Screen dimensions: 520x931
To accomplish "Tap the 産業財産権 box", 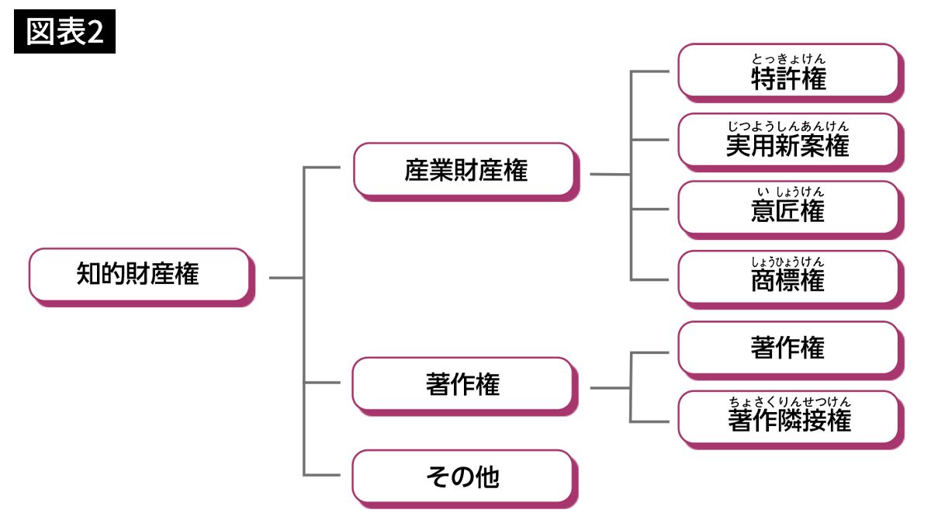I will (x=465, y=170).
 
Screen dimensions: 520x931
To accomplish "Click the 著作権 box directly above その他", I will (x=463, y=383).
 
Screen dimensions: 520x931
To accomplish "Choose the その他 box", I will (x=463, y=477).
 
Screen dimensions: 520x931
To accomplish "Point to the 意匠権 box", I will (x=789, y=209).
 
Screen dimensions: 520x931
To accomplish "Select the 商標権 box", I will (x=789, y=277).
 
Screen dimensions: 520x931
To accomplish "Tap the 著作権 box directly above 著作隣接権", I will (x=789, y=348).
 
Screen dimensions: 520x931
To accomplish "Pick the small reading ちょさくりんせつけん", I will (x=788, y=401).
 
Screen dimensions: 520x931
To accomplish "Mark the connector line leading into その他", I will (x=323, y=475).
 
